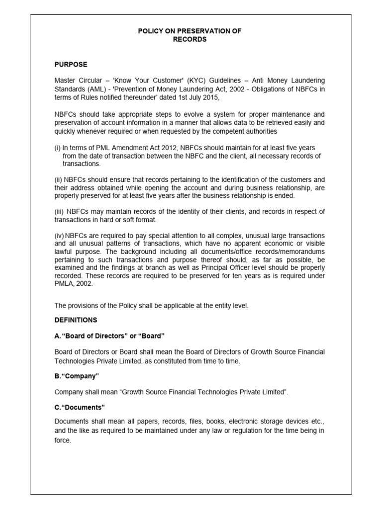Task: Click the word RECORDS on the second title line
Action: pyautogui.click(x=189, y=39)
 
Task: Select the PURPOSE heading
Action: pyautogui.click(x=71, y=65)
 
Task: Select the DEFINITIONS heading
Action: pyautogui.click(x=76, y=320)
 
